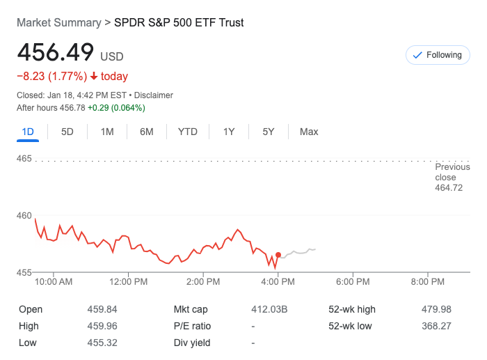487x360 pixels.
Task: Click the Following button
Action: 438,55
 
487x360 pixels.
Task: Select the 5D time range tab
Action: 67,132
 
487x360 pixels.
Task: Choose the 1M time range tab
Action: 107,132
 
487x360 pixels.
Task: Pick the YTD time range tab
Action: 188,132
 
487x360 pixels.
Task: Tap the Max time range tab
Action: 309,132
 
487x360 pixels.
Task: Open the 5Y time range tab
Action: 269,132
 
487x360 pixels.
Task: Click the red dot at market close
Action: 278,256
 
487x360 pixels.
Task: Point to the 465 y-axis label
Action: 24,159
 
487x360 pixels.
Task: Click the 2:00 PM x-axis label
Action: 204,282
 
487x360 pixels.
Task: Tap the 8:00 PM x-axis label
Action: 428,282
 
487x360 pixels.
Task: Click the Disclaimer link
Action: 154,95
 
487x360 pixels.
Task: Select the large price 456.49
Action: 56,53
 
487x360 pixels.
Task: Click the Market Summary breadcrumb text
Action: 58,22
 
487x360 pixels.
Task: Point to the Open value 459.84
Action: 102,309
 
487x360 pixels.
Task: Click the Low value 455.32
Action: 102,343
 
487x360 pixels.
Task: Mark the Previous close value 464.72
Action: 449,188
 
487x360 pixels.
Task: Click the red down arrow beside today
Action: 94,77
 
